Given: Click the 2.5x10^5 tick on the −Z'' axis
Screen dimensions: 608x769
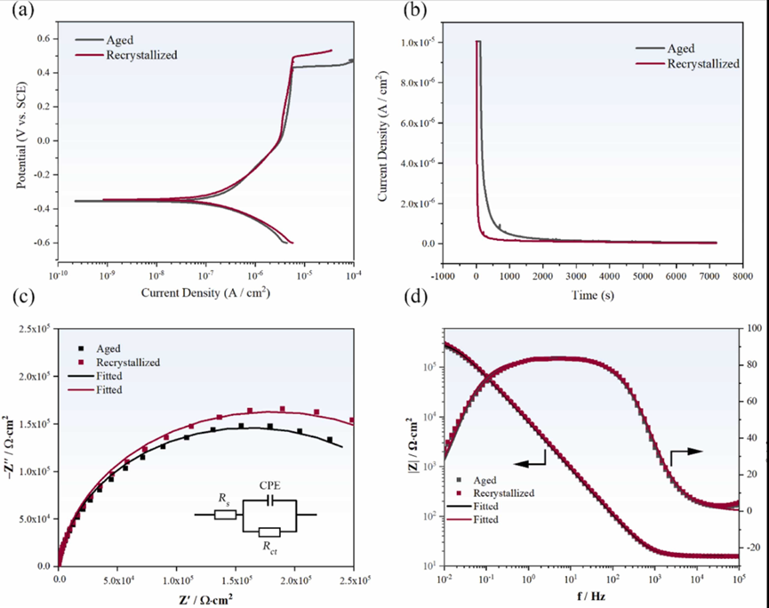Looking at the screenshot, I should [x=33, y=330].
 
